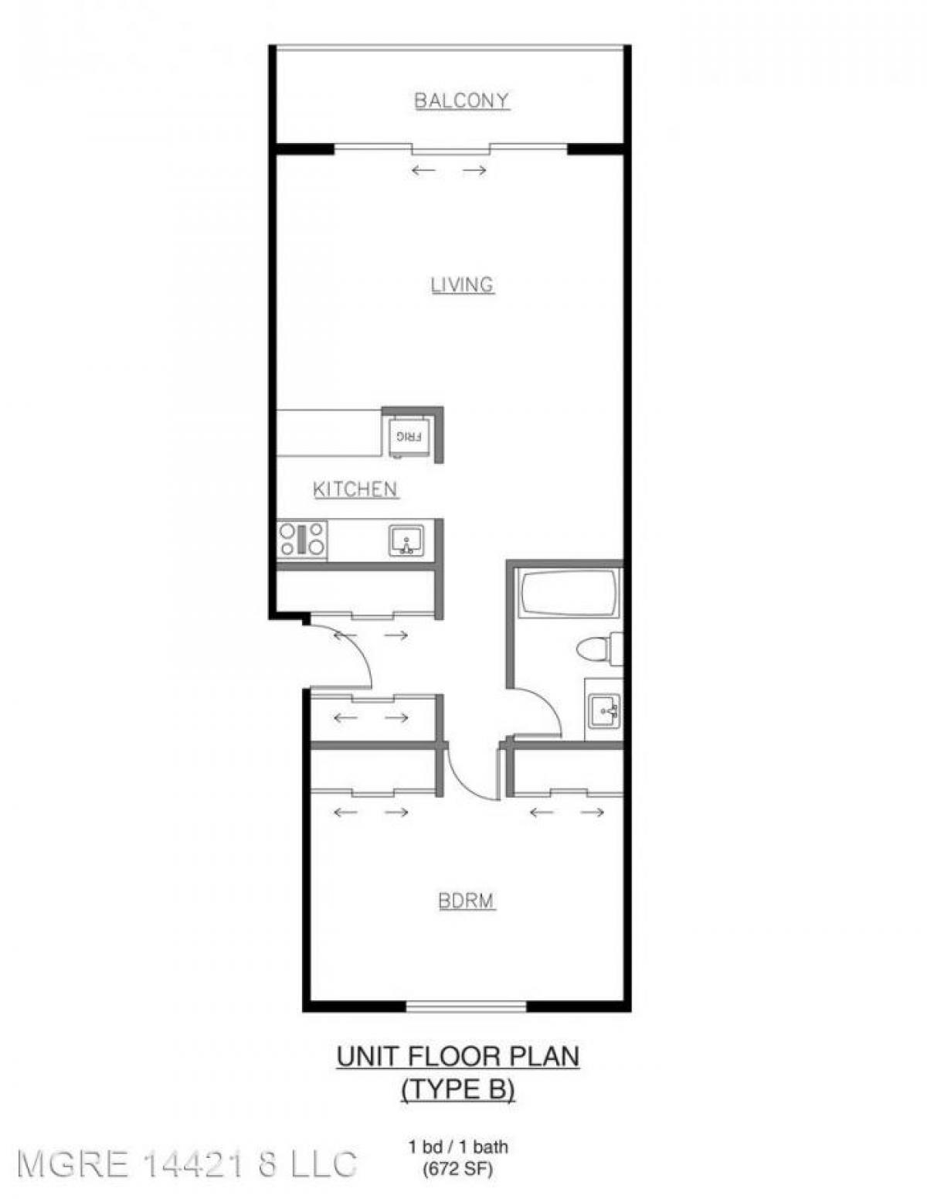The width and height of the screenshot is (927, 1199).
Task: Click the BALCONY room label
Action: pos(462,100)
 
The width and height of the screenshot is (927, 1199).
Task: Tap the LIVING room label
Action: pos(462,285)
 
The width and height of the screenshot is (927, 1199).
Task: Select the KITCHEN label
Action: pos(355,489)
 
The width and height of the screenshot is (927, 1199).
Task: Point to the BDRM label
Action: pos(466,901)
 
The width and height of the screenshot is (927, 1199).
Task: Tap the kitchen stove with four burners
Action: pos(302,539)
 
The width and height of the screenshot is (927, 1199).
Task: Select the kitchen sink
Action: pos(406,540)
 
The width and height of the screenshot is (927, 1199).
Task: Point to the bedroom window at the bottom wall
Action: pos(466,1006)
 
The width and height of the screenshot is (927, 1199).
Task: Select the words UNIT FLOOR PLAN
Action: pos(457,1056)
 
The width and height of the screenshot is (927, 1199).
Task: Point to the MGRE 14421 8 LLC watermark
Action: pos(186,1163)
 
